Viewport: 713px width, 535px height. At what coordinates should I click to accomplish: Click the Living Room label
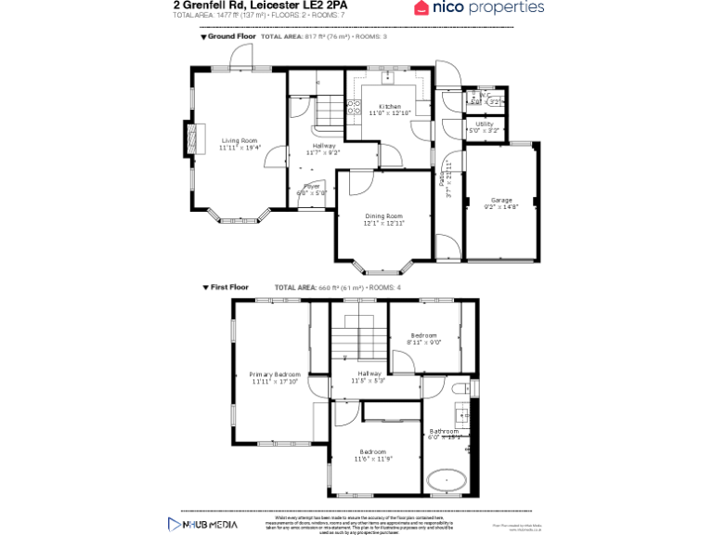coord(240,140)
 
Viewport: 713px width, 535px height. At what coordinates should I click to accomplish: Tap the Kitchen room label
coord(390,107)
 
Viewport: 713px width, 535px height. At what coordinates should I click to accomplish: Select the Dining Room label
coord(383,216)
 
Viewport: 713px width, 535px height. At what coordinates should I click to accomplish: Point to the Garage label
coord(501,201)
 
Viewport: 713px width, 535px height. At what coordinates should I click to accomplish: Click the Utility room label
coord(485,124)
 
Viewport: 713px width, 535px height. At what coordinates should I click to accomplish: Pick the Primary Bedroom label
coord(275,374)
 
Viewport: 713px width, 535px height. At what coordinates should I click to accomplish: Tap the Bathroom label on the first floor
coord(444,431)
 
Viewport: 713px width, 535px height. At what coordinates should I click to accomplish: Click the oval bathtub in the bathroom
coord(447,481)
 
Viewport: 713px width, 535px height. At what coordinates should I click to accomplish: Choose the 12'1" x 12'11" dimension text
coord(383,224)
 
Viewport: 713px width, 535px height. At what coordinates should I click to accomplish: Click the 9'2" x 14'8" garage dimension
coord(501,208)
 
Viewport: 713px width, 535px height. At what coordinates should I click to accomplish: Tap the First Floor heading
coord(229,288)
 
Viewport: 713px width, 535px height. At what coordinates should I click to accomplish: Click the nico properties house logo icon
coord(422,8)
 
